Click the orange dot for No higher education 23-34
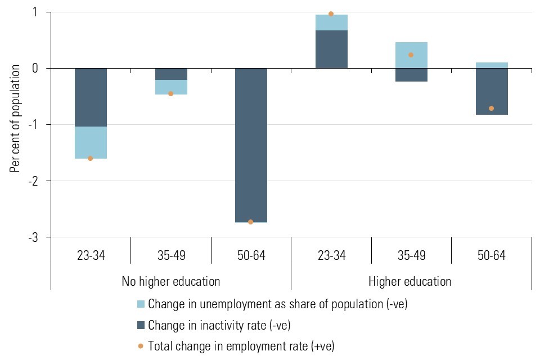[90, 159]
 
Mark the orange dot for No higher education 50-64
[250, 222]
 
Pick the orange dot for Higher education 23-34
[331, 14]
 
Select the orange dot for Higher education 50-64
[491, 108]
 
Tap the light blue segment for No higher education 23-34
[90, 143]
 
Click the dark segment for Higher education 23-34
[331, 49]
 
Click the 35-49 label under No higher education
[170, 255]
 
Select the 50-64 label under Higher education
[491, 255]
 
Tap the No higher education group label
[170, 281]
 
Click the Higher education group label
[409, 281]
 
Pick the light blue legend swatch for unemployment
[141, 304]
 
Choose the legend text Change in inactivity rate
[219, 325]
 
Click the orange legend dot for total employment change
[141, 345]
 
